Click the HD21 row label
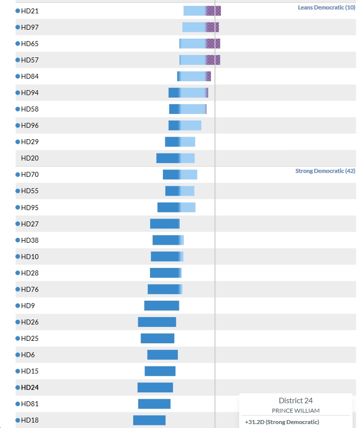tap(30, 11)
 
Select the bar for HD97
tap(201, 27)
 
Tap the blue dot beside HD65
tap(18, 44)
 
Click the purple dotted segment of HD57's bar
tap(213, 60)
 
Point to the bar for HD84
tap(194, 76)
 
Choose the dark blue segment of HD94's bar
tap(174, 93)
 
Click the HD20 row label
tap(30, 158)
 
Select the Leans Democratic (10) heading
tap(326, 7)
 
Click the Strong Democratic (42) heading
tap(325, 171)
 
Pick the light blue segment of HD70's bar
tap(189, 175)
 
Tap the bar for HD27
tap(165, 224)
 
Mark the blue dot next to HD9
tap(18, 306)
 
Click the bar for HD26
tap(157, 322)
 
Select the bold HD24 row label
tap(30, 387)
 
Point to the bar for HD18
tap(149, 421)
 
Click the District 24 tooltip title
tap(296, 400)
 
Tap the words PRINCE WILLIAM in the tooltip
tap(296, 411)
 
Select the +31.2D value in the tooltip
tap(255, 422)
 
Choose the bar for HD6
tap(162, 355)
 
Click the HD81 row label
tap(30, 404)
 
